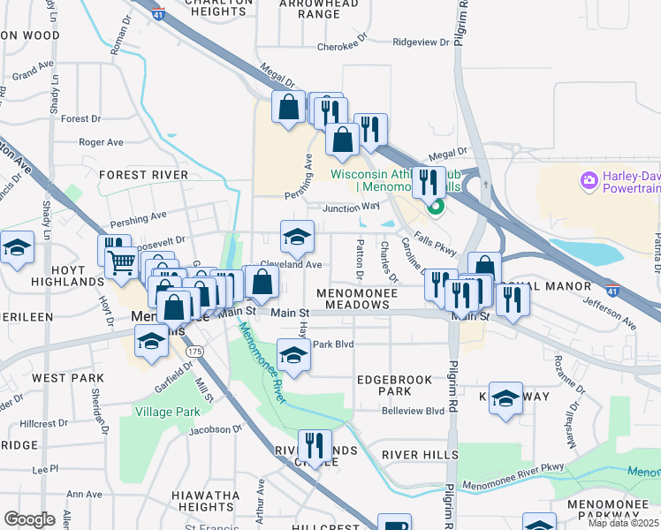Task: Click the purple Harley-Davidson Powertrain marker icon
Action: (589, 181)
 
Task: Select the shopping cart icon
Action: (120, 261)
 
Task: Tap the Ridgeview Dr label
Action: (421, 42)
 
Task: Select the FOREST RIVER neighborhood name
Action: (143, 175)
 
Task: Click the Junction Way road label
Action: (352, 208)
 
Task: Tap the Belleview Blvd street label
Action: (413, 411)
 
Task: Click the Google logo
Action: (29, 519)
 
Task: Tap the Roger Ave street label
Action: (101, 141)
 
